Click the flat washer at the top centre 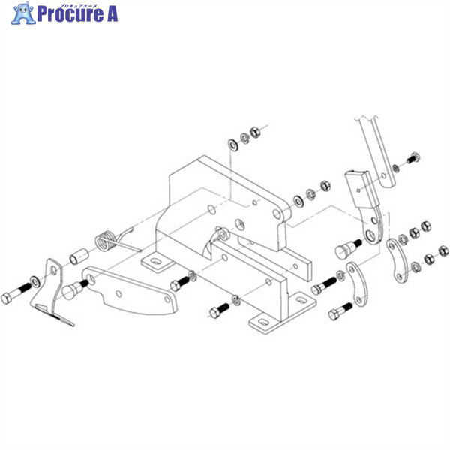click(233, 142)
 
